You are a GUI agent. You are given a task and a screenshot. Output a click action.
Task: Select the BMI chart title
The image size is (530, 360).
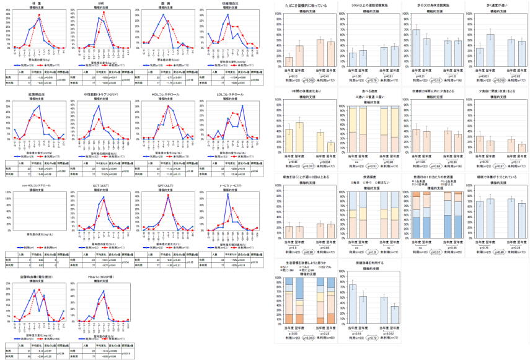[x=100, y=3]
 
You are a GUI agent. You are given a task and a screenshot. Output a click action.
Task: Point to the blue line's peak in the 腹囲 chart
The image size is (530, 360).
[x=162, y=15]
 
